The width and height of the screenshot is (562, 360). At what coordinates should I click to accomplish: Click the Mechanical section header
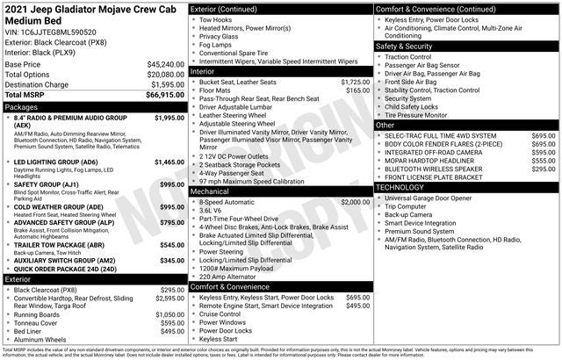click(x=209, y=191)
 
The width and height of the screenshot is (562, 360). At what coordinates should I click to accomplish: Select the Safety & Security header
click(x=404, y=46)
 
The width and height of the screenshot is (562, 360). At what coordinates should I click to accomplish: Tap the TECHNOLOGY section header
click(x=406, y=187)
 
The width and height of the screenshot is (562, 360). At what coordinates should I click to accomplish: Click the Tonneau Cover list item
click(x=41, y=322)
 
